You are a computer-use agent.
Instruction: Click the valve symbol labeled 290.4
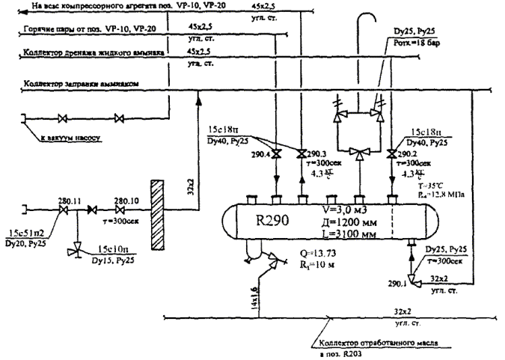[x=275, y=155]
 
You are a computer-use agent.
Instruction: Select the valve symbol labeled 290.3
[x=301, y=155]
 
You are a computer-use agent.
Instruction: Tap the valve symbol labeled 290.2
[x=391, y=155]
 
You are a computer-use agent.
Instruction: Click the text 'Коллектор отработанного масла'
[x=382, y=343]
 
